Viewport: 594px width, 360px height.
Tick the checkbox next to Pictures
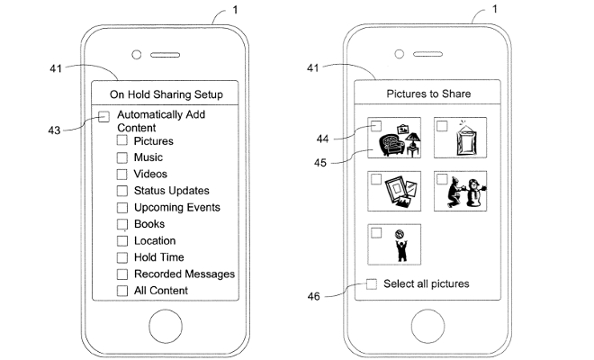(121, 141)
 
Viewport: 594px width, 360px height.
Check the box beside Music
(121, 157)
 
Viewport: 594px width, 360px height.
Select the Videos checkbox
(121, 175)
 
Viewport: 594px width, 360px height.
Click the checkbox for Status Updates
(121, 191)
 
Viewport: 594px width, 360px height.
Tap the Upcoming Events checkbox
(121, 208)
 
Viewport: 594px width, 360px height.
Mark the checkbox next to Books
(121, 224)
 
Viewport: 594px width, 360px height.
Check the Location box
(121, 241)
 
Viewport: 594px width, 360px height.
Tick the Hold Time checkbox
(121, 257)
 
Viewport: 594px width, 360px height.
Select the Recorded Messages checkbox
(121, 274)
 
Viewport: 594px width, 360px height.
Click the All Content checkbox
(121, 291)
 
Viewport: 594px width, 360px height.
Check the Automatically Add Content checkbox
(104, 116)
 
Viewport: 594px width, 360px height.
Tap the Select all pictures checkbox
(372, 284)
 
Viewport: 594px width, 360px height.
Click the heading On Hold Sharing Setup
(166, 94)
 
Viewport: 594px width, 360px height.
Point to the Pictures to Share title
(428, 94)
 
